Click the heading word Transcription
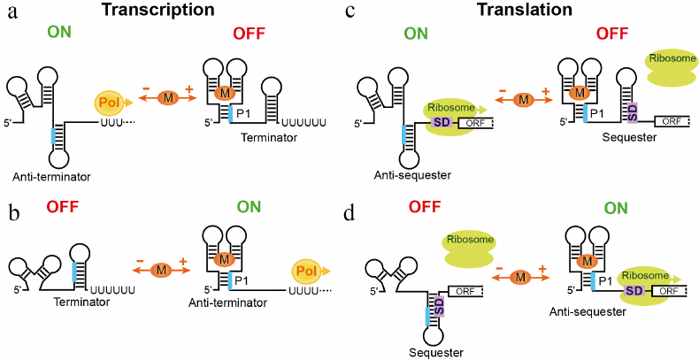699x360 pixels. point(169,11)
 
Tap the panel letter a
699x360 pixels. point(12,15)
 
